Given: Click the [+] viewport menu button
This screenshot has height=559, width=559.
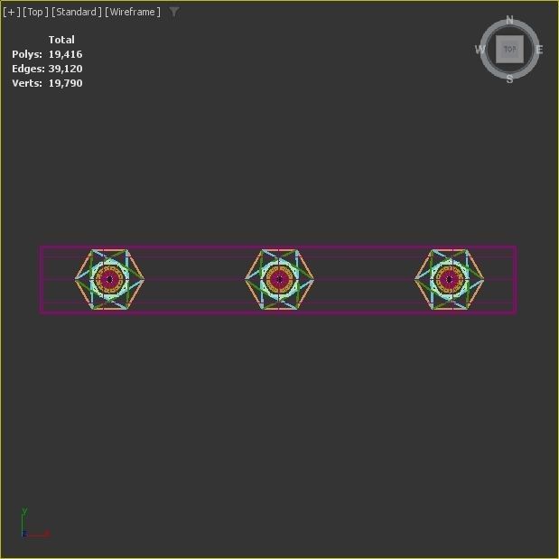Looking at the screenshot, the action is [12, 12].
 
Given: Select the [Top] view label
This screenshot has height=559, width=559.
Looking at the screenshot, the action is [35, 12].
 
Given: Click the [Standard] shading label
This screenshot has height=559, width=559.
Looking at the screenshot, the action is [76, 12].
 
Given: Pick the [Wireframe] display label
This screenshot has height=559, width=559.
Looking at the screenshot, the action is [133, 12].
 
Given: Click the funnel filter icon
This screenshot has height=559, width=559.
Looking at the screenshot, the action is [174, 12].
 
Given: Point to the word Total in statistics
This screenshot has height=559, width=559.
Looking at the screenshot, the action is [61, 40].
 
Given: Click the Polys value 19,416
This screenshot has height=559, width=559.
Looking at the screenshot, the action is [65, 54].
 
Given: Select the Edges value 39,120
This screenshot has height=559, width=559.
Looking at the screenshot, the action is [65, 69].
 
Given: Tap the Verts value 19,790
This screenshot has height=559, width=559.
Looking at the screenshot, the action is [65, 83].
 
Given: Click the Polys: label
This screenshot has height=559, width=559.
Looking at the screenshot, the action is [27, 54].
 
